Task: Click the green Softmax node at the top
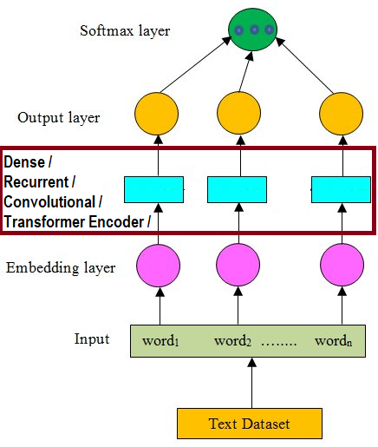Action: point(252,30)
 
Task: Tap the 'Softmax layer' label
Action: point(125,31)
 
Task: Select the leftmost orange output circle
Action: point(157,113)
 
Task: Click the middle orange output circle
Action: point(239,113)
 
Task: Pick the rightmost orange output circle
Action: point(341,113)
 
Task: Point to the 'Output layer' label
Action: point(58,117)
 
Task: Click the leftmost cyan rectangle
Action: point(153,188)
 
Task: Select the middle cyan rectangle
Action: point(237,188)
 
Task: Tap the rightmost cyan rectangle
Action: point(340,188)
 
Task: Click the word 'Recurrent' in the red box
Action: point(39,181)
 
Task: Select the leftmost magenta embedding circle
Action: point(157,266)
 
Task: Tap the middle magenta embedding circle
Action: point(239,266)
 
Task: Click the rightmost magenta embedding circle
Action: point(341,266)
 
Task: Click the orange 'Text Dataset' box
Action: point(251,424)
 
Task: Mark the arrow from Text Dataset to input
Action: point(251,383)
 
